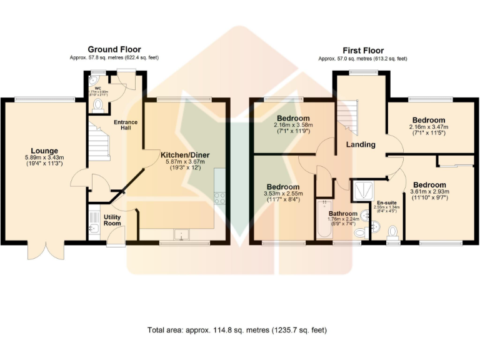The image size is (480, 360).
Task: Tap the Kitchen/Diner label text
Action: coord(184,154)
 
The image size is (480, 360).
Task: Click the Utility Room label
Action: coord(112,219)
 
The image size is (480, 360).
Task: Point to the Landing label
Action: coord(361,144)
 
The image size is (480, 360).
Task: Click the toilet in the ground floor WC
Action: coord(97,104)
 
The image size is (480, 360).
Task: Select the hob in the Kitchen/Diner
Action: coord(220,198)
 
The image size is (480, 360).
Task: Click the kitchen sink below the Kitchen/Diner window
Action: coord(183,234)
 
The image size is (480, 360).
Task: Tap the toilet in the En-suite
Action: coord(392,233)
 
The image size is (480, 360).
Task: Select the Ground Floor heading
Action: coord(114,49)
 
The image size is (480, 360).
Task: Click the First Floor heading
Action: coord(362,50)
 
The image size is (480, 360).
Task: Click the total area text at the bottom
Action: coord(237,329)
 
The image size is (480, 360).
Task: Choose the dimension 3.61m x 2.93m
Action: coord(429,192)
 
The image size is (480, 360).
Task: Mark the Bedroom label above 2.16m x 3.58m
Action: coord(292,118)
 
